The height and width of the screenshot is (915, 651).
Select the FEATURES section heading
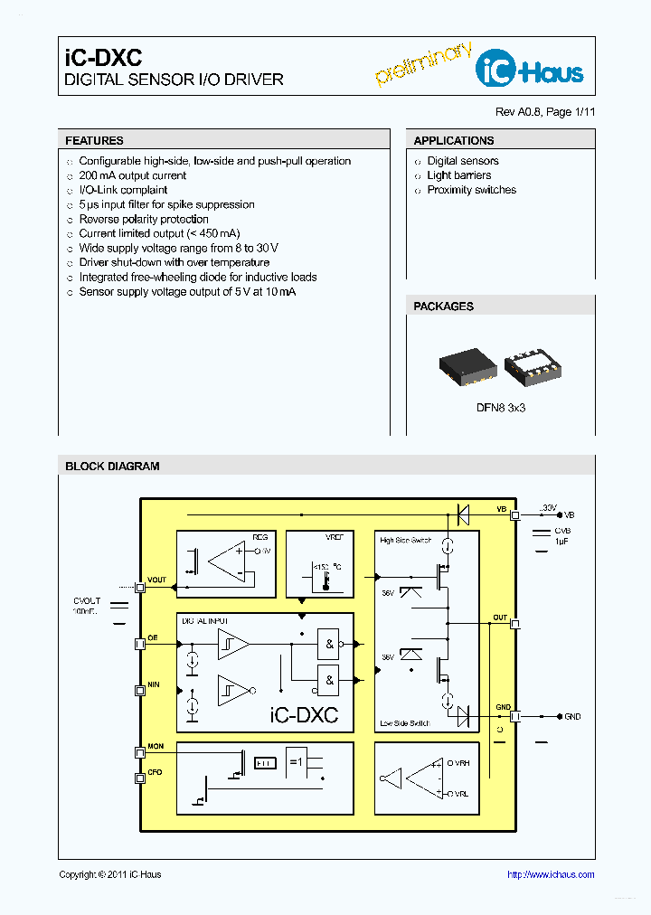tap(95, 141)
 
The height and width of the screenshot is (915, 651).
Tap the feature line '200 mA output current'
tap(133, 175)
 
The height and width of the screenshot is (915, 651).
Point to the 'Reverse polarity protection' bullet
tap(144, 219)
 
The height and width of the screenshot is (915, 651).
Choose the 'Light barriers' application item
tap(459, 175)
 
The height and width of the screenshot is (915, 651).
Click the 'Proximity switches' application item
tap(471, 190)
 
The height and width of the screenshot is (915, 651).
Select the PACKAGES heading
tap(443, 307)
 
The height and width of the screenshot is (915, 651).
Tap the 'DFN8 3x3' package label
tap(501, 408)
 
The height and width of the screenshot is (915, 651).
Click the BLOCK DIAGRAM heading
tap(112, 467)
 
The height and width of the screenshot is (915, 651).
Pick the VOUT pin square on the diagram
tap(140, 588)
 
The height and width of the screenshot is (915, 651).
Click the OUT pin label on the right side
tap(500, 618)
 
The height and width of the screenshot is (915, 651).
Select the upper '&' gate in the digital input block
tap(329, 644)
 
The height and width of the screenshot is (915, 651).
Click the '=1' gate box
tap(297, 761)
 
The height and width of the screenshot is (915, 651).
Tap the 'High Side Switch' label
tap(406, 541)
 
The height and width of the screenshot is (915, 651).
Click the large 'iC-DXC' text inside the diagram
tap(304, 714)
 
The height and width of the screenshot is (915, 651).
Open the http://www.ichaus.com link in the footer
tap(550, 874)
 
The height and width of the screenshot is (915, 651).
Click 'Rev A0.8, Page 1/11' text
tap(545, 112)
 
